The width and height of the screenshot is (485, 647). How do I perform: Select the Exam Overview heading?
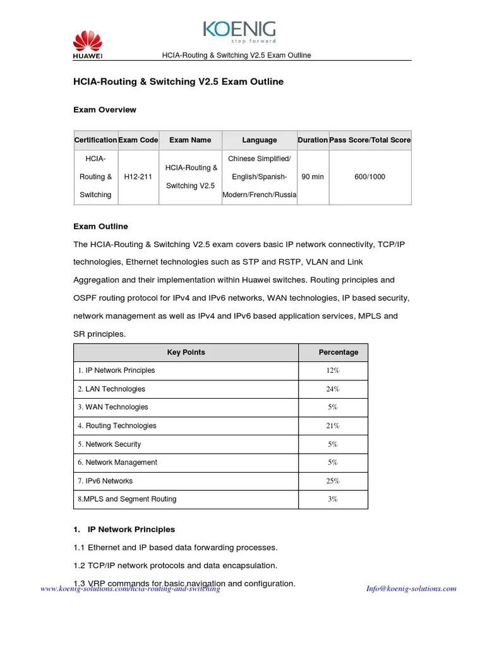click(105, 110)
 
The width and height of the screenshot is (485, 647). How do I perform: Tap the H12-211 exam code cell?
click(138, 177)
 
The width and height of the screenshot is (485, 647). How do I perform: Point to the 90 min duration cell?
click(313, 177)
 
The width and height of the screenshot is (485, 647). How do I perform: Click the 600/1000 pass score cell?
click(370, 177)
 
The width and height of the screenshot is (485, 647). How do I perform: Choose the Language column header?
click(259, 140)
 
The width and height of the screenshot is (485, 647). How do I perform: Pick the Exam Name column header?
click(190, 140)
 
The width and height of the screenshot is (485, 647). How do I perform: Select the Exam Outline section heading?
click(100, 226)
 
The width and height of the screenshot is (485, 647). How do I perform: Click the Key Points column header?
click(186, 353)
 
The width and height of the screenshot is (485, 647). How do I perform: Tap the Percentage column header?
click(338, 353)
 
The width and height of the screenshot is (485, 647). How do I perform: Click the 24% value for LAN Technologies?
click(333, 389)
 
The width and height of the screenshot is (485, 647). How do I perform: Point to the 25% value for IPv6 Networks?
click(333, 481)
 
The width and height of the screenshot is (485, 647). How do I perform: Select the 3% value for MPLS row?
click(333, 499)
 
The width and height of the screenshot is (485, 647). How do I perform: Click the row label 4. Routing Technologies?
click(117, 426)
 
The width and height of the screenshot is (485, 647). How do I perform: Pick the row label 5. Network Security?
click(110, 444)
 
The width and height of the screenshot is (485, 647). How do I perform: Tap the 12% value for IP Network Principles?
click(333, 371)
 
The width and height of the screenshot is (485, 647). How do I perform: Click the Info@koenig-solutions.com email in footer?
click(411, 589)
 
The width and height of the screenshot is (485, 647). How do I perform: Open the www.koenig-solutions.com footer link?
click(130, 589)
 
